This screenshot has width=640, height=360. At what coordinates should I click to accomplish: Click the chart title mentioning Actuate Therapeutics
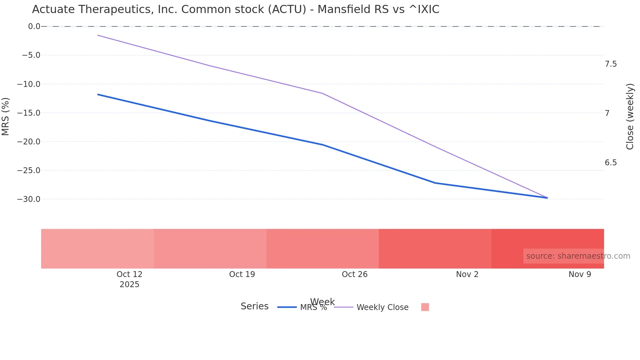235,9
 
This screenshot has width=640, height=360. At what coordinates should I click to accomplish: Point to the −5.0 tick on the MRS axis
31,55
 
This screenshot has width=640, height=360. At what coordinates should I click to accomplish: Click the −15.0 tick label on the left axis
29,113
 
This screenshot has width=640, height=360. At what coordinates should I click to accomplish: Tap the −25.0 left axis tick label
29,171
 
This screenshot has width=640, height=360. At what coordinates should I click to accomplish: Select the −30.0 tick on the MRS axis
29,199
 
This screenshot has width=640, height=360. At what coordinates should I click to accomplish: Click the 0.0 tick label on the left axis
34,26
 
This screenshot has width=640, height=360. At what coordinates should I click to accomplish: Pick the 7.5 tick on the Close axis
611,64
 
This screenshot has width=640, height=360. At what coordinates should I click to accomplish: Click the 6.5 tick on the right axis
611,163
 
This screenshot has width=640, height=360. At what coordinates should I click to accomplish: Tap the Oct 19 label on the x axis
242,274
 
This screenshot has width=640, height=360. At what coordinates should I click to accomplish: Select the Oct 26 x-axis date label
355,274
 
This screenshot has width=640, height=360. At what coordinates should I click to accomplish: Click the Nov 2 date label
467,274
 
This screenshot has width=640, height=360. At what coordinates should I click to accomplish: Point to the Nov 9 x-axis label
580,274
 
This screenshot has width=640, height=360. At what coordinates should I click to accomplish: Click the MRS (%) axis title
6,116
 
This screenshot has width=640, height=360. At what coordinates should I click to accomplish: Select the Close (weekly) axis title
630,116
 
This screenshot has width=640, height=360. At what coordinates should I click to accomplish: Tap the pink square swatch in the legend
425,307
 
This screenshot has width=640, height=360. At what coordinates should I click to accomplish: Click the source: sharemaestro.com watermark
578,256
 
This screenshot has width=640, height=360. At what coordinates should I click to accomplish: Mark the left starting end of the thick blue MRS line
98,94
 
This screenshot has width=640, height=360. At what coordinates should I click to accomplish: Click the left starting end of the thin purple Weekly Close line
98,35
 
